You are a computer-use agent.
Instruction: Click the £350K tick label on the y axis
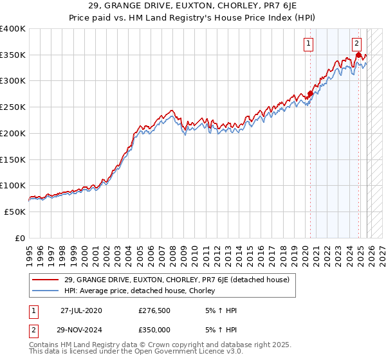[x=12, y=55]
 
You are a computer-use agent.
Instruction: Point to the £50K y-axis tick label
[x=14, y=212]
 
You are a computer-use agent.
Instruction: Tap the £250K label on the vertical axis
[x=12, y=107]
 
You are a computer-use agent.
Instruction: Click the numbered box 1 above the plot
[x=309, y=44]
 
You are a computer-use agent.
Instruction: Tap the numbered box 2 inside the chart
[x=357, y=44]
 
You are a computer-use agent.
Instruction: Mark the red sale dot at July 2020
[x=310, y=93]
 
